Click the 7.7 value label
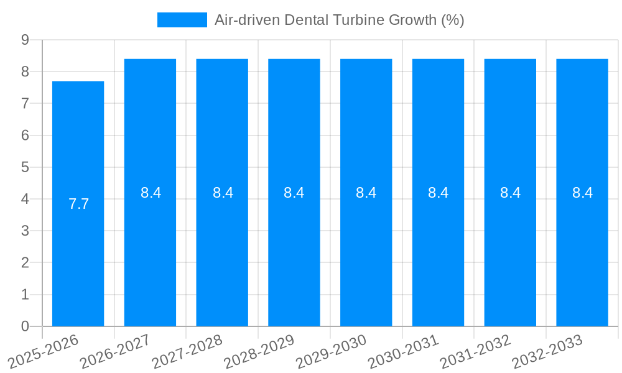78,204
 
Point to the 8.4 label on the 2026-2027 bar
151,193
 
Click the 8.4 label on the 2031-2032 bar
510,193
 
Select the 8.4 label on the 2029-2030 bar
366,193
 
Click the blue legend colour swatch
182,20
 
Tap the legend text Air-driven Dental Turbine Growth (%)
339,20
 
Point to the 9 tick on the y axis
25,40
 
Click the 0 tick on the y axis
25,326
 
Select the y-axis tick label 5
25,167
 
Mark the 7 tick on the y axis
25,103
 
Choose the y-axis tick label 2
25,262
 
